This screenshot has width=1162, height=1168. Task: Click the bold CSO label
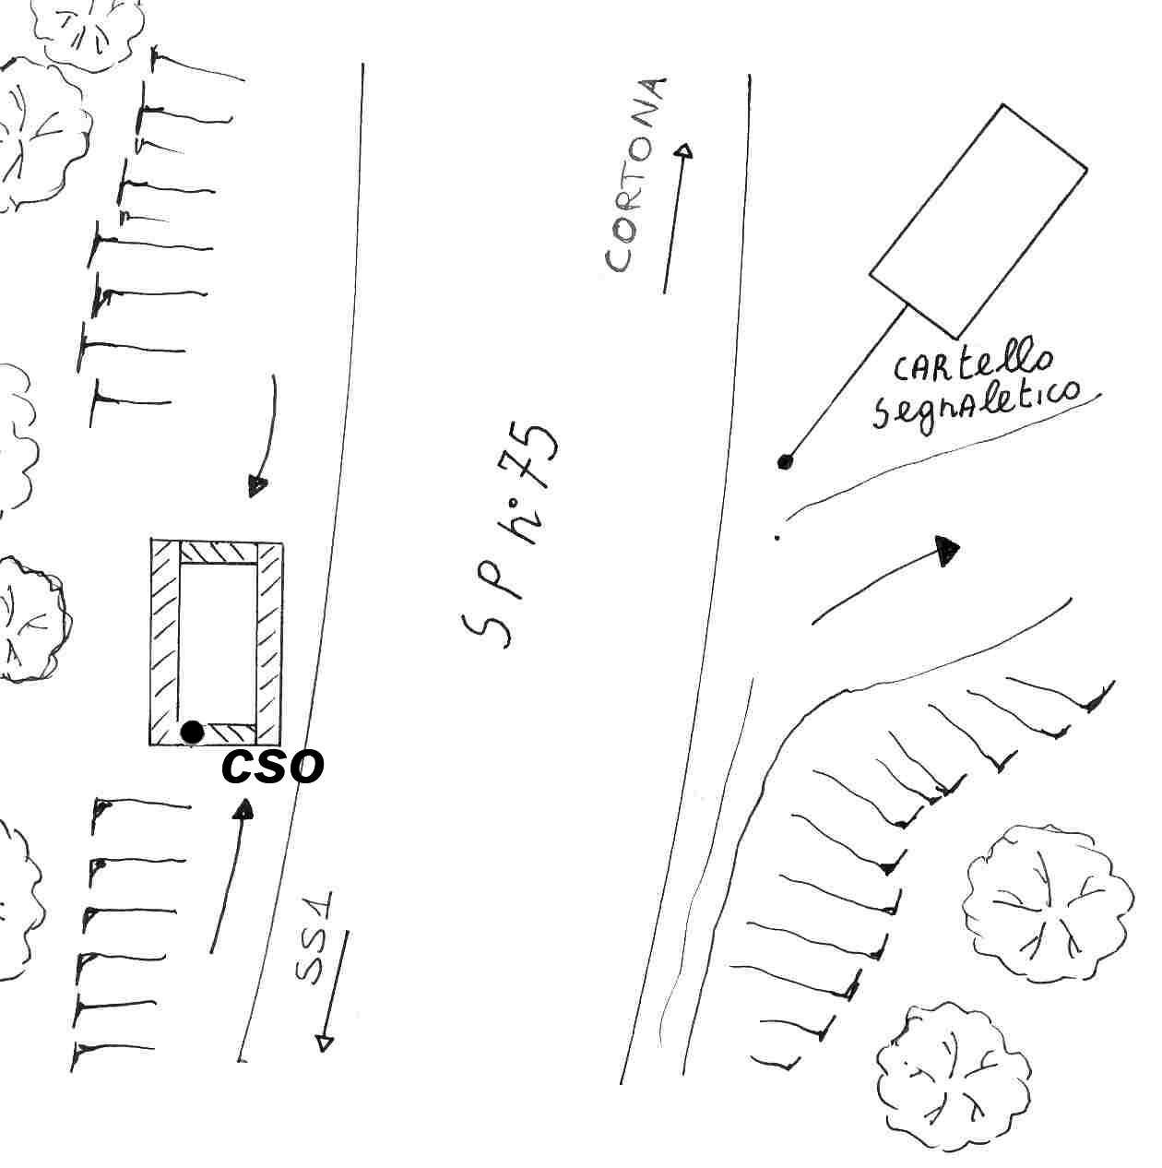pyautogui.click(x=272, y=767)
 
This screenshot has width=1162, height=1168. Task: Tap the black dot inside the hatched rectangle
pyautogui.click(x=192, y=733)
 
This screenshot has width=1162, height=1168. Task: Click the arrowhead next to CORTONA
pyautogui.click(x=684, y=151)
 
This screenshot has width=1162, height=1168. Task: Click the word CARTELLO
pyautogui.click(x=972, y=365)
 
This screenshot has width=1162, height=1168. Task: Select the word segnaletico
pyautogui.click(x=976, y=407)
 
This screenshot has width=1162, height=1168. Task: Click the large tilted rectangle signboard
pyautogui.click(x=978, y=221)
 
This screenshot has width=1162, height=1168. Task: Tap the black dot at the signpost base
pyautogui.click(x=785, y=462)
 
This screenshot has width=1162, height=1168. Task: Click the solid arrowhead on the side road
pyautogui.click(x=947, y=551)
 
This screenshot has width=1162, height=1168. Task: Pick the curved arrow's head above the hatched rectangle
pyautogui.click(x=257, y=487)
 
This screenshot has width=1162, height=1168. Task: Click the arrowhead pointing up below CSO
pyautogui.click(x=243, y=810)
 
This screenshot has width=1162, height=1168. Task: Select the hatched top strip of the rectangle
pyautogui.click(x=219, y=553)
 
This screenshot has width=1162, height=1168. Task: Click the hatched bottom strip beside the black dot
pyautogui.click(x=231, y=733)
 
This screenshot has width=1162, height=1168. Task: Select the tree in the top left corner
pyautogui.click(x=88, y=33)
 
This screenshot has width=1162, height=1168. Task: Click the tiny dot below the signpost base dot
pyautogui.click(x=777, y=537)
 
